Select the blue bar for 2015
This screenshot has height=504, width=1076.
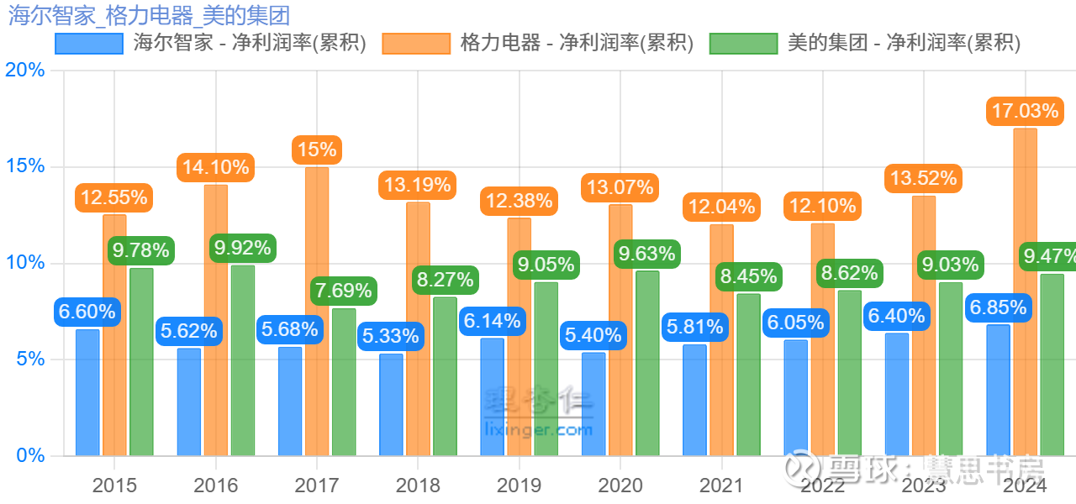[x=87, y=392]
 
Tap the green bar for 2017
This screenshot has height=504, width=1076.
[x=344, y=382]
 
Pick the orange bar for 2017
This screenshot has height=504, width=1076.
[x=317, y=312]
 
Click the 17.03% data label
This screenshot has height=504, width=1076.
[x=1024, y=111]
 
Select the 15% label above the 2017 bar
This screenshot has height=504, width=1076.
[x=316, y=150]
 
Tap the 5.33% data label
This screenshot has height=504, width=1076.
[x=391, y=337]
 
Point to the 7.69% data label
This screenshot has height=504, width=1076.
[x=343, y=291]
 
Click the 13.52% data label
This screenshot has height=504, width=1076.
[x=922, y=178]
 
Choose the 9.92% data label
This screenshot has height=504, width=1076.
[x=242, y=248]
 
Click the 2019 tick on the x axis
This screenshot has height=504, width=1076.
[x=520, y=486]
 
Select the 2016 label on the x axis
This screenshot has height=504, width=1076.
[x=216, y=486]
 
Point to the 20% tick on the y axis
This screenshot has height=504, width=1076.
[x=25, y=70]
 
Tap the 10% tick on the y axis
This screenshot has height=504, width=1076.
[x=25, y=263]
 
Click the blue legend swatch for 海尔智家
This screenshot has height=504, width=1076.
[x=87, y=43]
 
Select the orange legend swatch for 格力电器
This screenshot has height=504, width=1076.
[x=415, y=43]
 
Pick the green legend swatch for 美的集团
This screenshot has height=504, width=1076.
[x=743, y=43]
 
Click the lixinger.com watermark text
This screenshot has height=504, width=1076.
[x=539, y=430]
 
